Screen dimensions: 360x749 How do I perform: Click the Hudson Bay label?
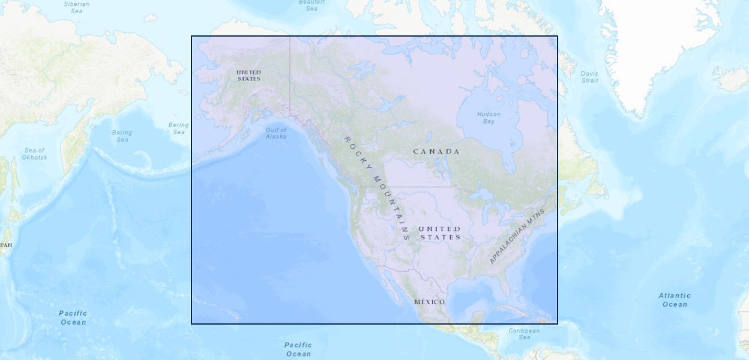[x=489, y=118]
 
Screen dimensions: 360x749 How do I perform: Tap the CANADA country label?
[x=436, y=152]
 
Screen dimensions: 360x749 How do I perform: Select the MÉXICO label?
[x=430, y=302]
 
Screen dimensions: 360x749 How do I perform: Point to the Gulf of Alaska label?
[x=276, y=133]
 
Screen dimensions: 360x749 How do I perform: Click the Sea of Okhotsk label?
[x=34, y=154]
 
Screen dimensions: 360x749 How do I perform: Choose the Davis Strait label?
[x=589, y=77]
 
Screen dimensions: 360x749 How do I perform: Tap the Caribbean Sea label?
[x=524, y=334]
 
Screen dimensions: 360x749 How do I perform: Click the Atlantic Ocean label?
[x=675, y=300]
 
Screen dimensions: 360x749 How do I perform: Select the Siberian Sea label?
[x=77, y=7]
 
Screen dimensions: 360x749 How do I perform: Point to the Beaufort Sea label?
[x=311, y=5]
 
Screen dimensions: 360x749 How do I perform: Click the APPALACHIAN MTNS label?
[x=517, y=236]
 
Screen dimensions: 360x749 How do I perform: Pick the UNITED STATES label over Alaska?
[x=248, y=76]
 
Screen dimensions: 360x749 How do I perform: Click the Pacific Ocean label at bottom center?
[x=298, y=349]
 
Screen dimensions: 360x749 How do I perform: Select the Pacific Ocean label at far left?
[x=73, y=317]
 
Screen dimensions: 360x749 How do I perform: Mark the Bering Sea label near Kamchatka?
[x=122, y=136]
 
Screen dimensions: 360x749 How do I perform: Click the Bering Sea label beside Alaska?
[x=178, y=128]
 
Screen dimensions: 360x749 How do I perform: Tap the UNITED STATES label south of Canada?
[x=440, y=233]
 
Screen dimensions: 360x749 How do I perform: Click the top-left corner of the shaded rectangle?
[x=192, y=37]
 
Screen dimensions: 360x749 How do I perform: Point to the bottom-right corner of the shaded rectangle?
[x=557, y=323]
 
